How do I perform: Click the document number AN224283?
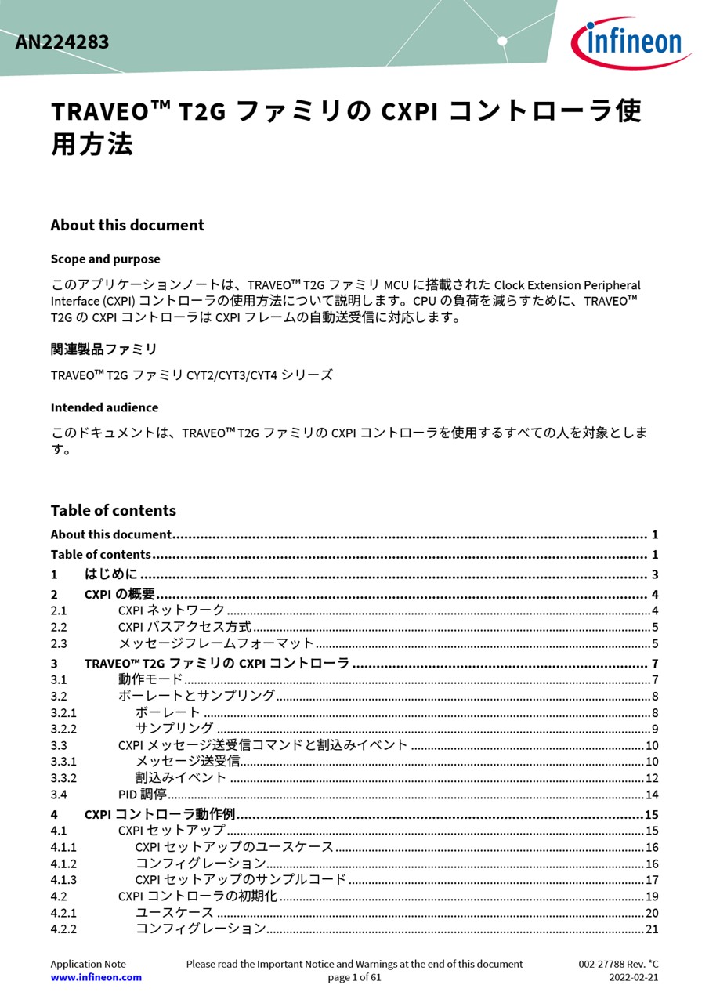tap(62, 42)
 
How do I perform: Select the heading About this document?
tap(127, 225)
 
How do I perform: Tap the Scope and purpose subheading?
tap(105, 259)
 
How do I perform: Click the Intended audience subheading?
tap(104, 407)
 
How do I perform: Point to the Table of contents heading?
tap(113, 510)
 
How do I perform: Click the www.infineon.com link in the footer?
tap(96, 977)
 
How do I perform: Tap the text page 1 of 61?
tap(354, 977)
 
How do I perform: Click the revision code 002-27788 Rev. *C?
tap(618, 964)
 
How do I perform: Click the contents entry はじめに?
tap(110, 574)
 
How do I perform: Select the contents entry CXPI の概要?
tap(119, 594)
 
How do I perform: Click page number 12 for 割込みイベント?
tap(651, 778)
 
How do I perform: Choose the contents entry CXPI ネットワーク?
tap(171, 610)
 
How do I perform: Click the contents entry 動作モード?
tap(150, 679)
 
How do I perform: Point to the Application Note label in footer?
tap(88, 964)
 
